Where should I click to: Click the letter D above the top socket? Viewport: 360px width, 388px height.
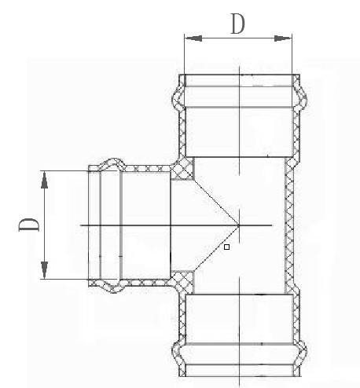(237, 24)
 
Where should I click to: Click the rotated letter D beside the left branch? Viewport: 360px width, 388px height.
(28, 225)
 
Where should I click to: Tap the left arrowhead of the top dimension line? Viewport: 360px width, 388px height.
(193, 38)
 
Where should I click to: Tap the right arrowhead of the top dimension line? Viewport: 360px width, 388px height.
(283, 38)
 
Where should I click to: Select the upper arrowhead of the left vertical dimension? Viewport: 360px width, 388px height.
(45, 180)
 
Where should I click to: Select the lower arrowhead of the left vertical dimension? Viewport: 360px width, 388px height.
(45, 270)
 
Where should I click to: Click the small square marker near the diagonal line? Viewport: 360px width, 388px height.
(227, 247)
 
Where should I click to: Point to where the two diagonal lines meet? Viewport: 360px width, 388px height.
(239, 225)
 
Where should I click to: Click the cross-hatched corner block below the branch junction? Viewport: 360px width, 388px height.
(182, 282)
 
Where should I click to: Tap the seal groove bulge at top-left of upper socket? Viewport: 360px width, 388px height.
(178, 98)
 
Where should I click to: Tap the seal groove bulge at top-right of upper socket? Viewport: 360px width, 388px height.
(300, 98)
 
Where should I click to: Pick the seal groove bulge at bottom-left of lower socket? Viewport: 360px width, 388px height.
(178, 352)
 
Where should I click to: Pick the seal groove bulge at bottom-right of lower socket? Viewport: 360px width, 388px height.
(300, 352)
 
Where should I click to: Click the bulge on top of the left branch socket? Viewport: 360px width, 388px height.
(112, 164)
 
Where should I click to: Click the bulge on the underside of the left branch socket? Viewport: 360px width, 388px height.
(112, 286)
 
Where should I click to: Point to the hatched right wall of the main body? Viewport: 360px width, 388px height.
(288, 225)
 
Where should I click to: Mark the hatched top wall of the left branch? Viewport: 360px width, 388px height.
(148, 168)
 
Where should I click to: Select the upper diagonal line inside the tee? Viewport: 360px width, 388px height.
(216, 203)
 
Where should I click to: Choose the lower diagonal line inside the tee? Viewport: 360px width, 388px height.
(216, 248)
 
